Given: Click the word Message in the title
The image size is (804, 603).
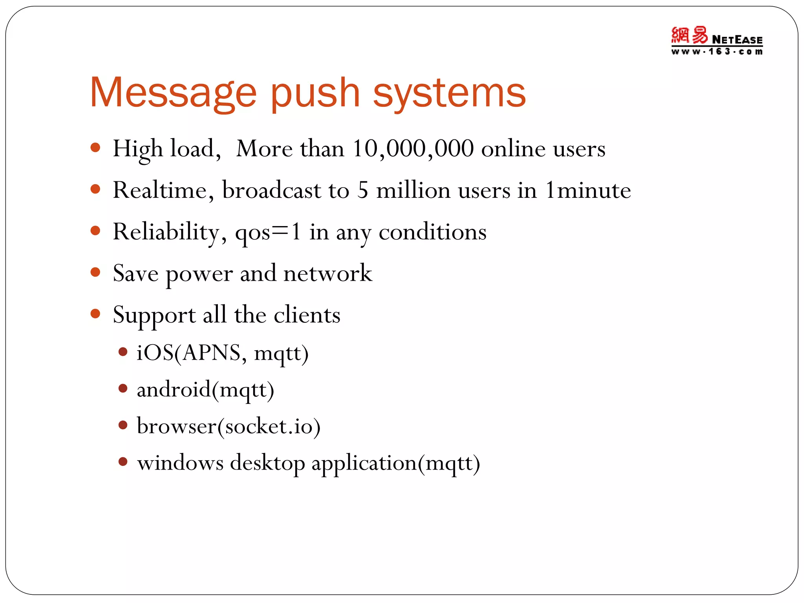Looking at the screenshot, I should [173, 93].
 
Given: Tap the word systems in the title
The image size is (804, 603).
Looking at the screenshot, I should [449, 94].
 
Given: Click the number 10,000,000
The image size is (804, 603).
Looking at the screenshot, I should [413, 149].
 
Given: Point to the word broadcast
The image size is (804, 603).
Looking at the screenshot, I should [272, 190].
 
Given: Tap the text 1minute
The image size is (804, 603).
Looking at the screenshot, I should [588, 190].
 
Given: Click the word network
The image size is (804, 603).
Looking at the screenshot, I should [327, 273].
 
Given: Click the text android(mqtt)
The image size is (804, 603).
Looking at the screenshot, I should [205, 390].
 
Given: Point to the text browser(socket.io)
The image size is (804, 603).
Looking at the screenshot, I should [228, 426].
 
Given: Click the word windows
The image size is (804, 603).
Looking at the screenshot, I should [180, 463].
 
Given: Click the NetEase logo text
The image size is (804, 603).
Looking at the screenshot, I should [737, 40].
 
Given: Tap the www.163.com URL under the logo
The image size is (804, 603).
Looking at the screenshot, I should [716, 51].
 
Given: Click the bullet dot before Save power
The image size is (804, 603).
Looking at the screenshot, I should [95, 272].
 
